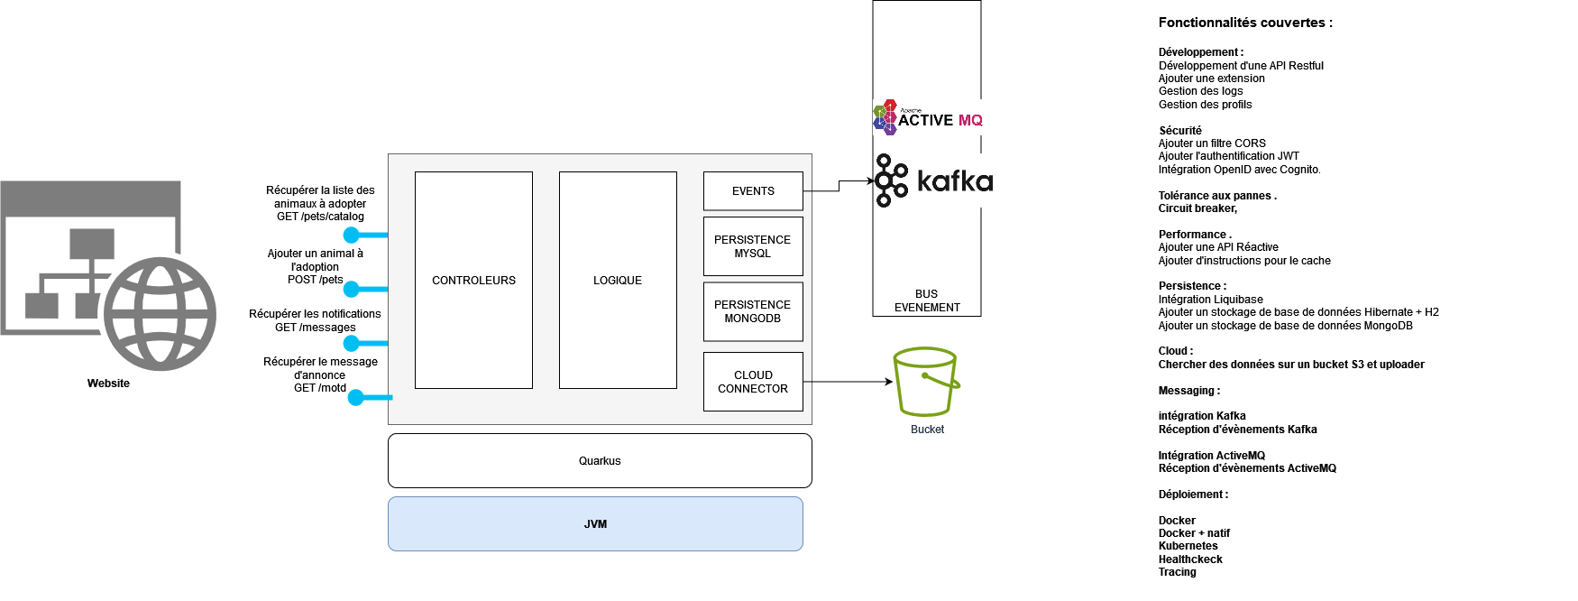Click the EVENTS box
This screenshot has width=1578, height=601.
pos(753,191)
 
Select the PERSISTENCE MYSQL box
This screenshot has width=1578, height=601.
pos(753,246)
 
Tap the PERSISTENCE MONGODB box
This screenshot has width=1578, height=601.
pos(753,311)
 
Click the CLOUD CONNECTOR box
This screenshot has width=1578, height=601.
pos(753,382)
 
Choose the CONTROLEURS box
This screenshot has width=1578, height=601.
pos(473,281)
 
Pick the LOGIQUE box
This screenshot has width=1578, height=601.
pos(618,281)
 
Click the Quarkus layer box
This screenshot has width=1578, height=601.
pos(600,461)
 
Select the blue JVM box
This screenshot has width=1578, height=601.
pos(595,524)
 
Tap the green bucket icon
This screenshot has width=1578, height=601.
pos(925,381)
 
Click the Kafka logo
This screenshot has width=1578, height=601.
pos(934,180)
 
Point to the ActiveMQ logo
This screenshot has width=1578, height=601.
pos(928,118)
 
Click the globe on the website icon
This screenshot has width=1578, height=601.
pos(160,314)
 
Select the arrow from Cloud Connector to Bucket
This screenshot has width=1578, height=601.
pos(848,382)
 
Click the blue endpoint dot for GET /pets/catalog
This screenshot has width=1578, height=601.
pos(353,235)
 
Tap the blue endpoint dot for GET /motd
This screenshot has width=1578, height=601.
pos(356,397)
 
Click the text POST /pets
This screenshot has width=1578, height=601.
pos(315,280)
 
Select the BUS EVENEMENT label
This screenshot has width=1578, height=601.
pos(927,300)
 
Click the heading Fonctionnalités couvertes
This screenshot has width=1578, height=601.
pos(1244,23)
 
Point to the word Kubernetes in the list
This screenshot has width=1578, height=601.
pos(1188,546)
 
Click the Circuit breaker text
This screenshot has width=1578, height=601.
pos(1197,208)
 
